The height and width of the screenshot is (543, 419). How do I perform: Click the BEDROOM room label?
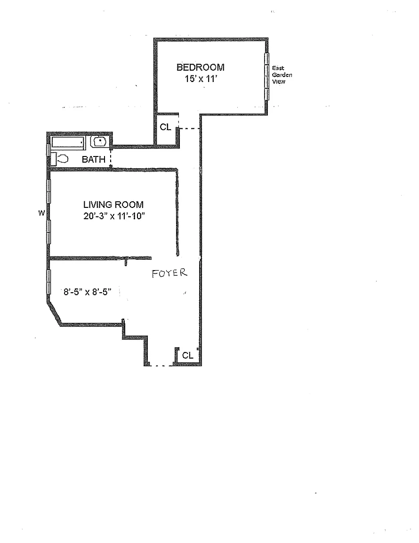coord(201,67)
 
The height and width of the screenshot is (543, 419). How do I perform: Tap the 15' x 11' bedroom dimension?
coord(201,79)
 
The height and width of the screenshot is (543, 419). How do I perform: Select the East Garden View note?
coord(282,75)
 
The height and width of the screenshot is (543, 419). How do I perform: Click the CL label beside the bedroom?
coord(165,127)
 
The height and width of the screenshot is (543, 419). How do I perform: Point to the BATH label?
coord(93,159)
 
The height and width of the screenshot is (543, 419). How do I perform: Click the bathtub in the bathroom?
coord(68,143)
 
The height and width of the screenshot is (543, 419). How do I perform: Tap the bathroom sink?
coord(100,142)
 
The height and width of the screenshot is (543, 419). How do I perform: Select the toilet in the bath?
coord(59,159)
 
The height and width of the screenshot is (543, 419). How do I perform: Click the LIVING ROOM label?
coord(113,205)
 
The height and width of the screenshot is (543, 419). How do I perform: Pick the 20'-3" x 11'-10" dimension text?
coord(114,216)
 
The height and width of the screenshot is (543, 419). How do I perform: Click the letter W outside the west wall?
coord(41,214)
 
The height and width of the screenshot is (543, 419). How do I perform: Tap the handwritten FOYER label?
coord(169,273)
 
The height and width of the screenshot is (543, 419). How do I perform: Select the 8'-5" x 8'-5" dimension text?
coord(87,292)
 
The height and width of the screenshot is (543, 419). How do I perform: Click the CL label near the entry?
coord(187,355)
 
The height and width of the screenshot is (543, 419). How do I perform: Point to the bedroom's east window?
coord(267,76)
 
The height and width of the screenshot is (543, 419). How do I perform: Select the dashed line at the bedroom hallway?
coord(189,129)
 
